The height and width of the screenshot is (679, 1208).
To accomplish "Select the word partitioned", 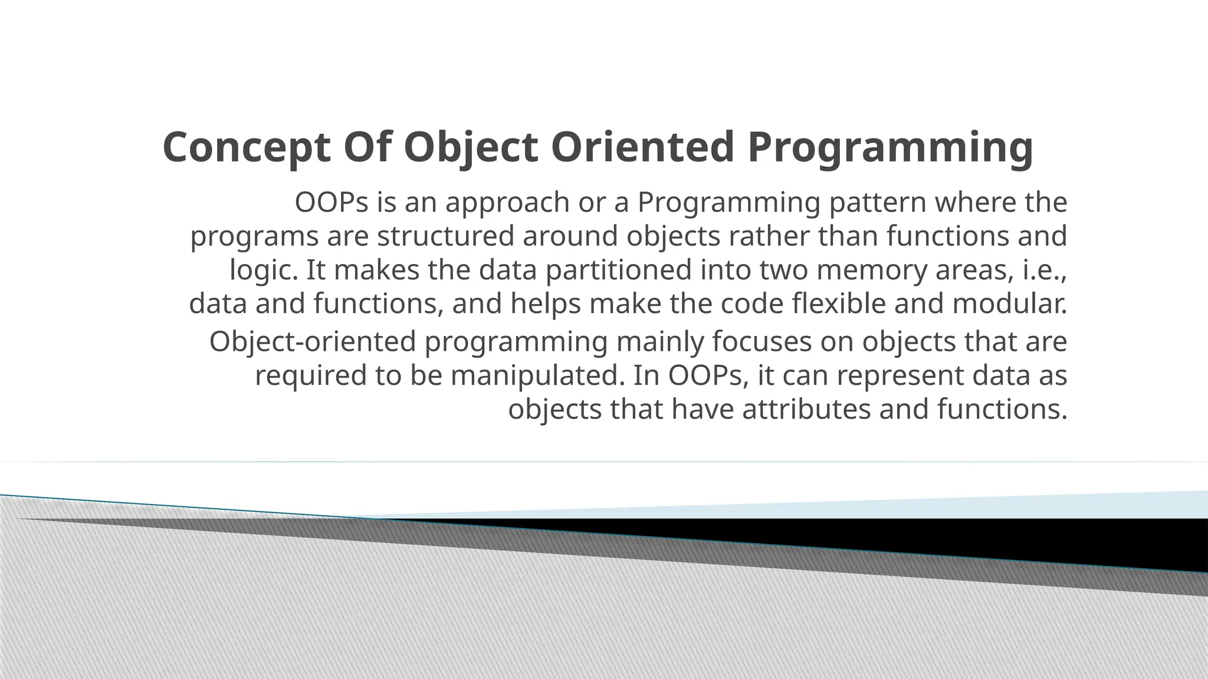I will pyautogui.click(x=618, y=270).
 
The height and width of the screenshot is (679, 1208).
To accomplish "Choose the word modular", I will pyautogui.click(x=1010, y=304).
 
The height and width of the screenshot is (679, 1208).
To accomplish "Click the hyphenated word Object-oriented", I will pyautogui.click(x=313, y=342).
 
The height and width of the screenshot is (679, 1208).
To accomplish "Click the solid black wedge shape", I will pyautogui.click(x=1062, y=539).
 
